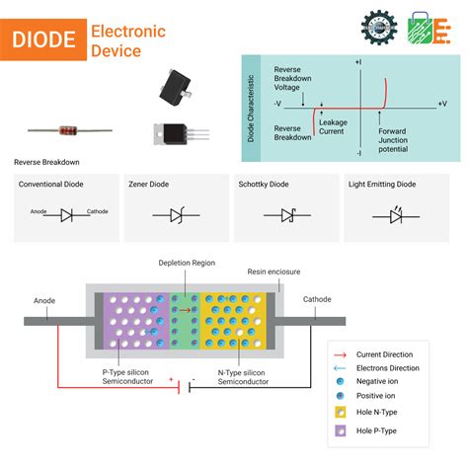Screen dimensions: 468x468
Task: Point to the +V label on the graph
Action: [x=440, y=103]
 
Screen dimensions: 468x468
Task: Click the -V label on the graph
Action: [x=278, y=103]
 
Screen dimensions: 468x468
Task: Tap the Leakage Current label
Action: [x=333, y=126]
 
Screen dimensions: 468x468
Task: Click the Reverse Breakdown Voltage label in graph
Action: [x=293, y=80]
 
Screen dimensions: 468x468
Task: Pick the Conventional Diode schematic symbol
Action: [x=67, y=213]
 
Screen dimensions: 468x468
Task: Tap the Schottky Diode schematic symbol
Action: [x=287, y=213]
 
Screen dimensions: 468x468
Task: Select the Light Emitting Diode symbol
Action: [x=398, y=213]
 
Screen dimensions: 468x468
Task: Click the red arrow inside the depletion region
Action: [x=185, y=309]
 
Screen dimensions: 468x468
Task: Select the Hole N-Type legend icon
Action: [x=341, y=412]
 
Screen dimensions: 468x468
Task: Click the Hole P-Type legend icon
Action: [x=341, y=431]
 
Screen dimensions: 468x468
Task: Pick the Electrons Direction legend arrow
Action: [x=341, y=368]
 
